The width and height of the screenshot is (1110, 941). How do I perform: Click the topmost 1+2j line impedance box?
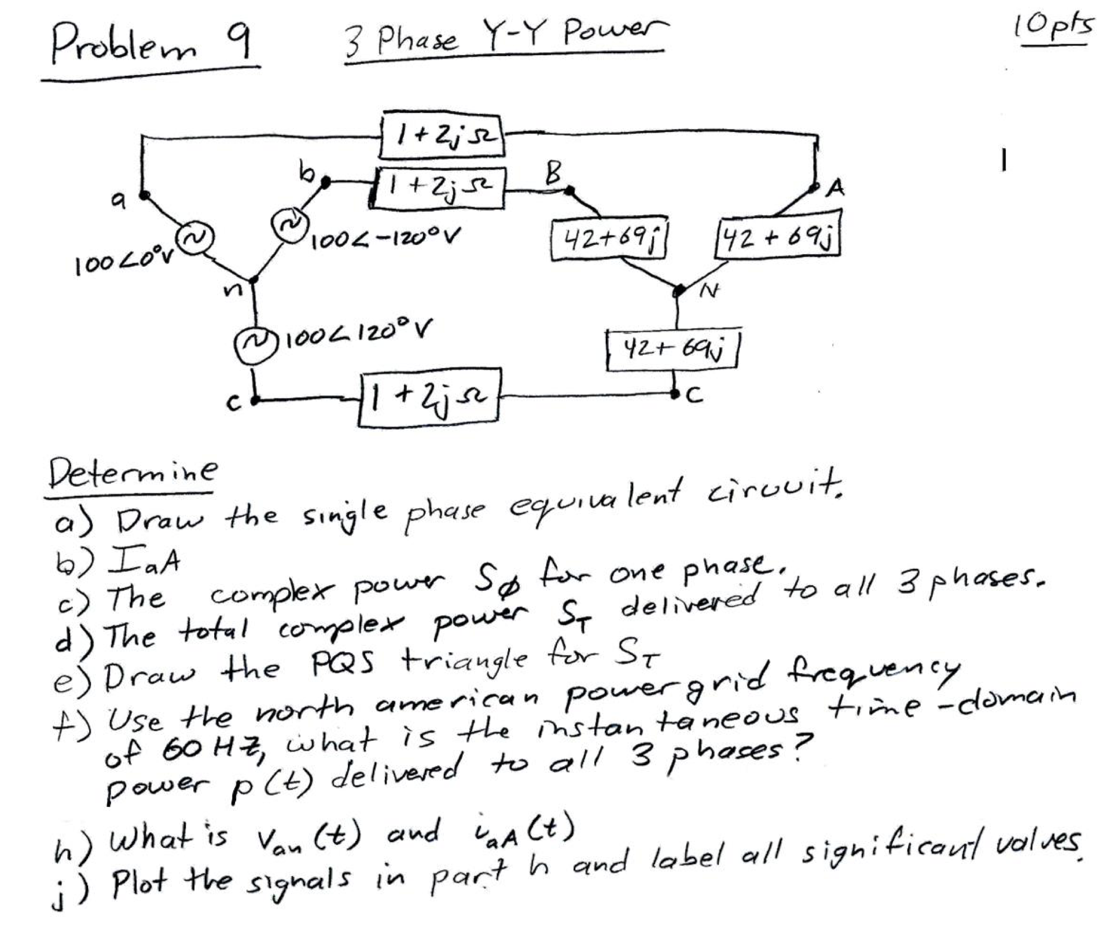(442, 135)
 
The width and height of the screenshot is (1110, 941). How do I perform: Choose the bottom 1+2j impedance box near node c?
(429, 397)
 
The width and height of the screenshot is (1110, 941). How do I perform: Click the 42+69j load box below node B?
(610, 238)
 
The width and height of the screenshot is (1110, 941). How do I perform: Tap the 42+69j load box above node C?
(672, 350)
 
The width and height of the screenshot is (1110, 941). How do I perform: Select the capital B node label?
(554, 172)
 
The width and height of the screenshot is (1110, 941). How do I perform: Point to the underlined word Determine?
(133, 473)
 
